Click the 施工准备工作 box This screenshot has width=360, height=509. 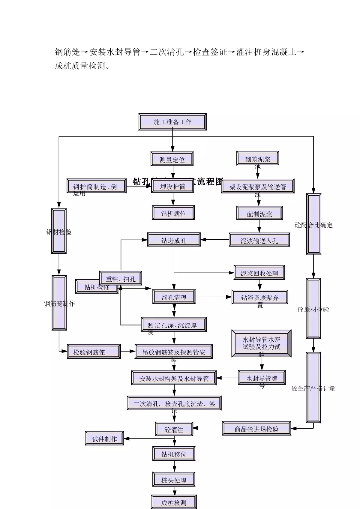[172, 122]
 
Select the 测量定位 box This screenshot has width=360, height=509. [172, 159]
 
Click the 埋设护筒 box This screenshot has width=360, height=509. [172, 186]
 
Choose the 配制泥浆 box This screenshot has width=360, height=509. [259, 214]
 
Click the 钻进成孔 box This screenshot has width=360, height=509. [174, 240]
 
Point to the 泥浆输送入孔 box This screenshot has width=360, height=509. [259, 240]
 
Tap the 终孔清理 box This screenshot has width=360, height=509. [174, 297]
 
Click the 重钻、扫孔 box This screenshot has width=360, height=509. [121, 278]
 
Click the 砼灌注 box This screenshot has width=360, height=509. [174, 429]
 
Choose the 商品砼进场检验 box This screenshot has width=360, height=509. [256, 429]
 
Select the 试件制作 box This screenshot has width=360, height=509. [104, 439]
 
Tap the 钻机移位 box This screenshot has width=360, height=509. [174, 454]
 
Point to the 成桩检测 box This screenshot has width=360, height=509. [174, 502]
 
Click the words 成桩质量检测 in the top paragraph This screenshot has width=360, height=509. [80, 66]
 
